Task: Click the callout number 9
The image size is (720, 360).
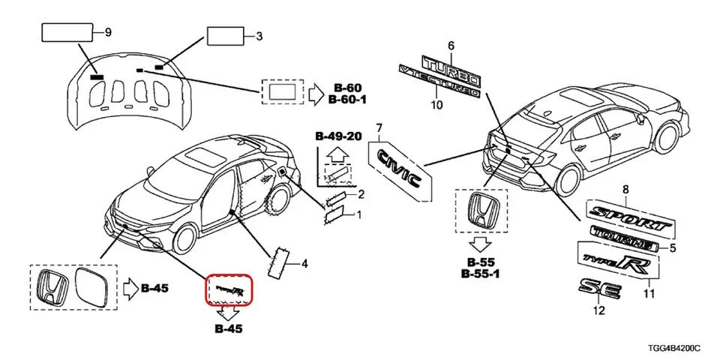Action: pyautogui.click(x=107, y=32)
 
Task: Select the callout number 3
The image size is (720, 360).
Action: pyautogui.click(x=259, y=35)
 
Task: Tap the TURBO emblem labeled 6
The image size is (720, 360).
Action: pyautogui.click(x=451, y=70)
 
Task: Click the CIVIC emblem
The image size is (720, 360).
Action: pyautogui.click(x=398, y=171)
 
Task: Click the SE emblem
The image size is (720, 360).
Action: pyautogui.click(x=599, y=289)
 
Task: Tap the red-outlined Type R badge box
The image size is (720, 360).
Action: pyautogui.click(x=231, y=290)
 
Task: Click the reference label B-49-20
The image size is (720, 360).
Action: pyautogui.click(x=338, y=136)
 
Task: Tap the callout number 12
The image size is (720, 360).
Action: pyautogui.click(x=598, y=311)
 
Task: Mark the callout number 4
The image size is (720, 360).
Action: pyautogui.click(x=305, y=264)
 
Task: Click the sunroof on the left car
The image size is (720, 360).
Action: pyautogui.click(x=203, y=158)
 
